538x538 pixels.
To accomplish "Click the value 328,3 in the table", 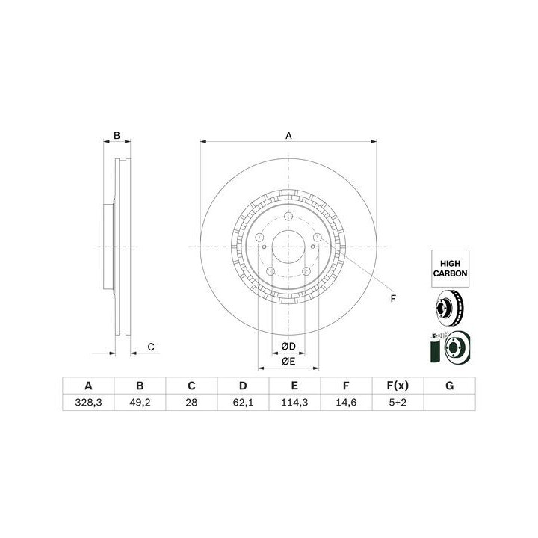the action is (x=88, y=403).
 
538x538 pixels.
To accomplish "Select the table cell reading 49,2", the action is (x=140, y=403).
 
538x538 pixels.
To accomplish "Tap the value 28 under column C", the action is (x=191, y=403).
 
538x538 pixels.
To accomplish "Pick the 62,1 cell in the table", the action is (x=243, y=403).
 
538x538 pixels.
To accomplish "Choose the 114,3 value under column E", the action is (x=294, y=403).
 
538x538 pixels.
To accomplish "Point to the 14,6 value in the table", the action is (x=346, y=403).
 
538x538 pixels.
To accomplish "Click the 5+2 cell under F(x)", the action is (x=398, y=403).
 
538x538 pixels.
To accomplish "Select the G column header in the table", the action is (x=450, y=386).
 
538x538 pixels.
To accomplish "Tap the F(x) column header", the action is (x=398, y=386).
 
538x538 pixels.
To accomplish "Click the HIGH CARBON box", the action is (x=450, y=269).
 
